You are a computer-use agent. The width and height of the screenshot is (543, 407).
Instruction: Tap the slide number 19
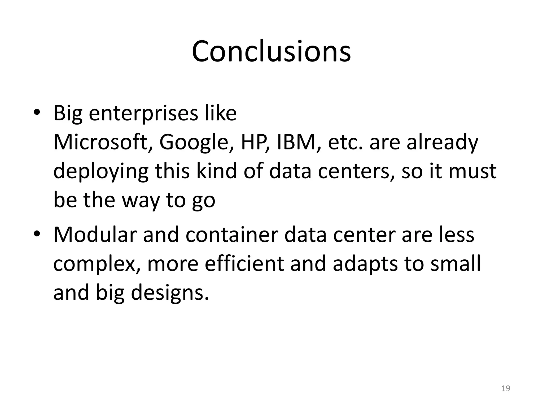(x=506, y=388)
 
